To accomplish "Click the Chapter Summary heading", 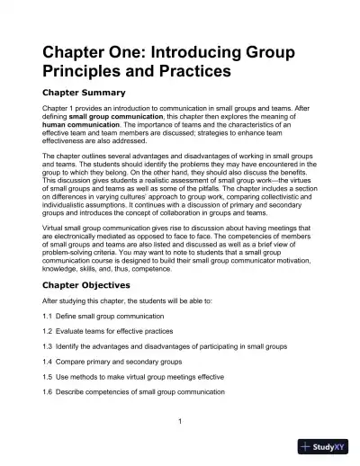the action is click(x=84, y=92).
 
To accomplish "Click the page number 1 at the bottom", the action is click(x=180, y=422).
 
